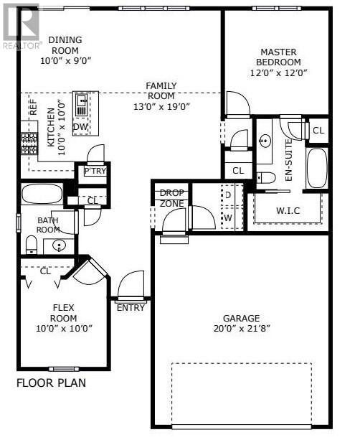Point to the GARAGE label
(241, 318)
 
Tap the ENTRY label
(131, 308)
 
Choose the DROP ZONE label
(171, 198)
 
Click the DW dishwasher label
(81, 127)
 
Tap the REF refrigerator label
(33, 108)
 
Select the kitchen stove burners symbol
(29, 144)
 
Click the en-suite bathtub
(316, 169)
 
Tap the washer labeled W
(228, 217)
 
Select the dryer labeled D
(228, 195)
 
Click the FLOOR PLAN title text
(51, 383)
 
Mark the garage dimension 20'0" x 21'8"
(241, 329)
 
